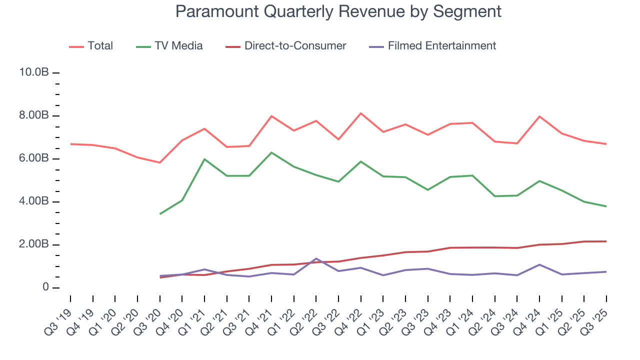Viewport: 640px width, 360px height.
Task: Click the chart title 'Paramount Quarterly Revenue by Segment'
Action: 338,11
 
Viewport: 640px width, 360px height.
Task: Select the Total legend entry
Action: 91,46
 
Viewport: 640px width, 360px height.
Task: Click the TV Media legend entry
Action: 169,46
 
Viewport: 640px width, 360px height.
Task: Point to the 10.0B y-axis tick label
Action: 33,73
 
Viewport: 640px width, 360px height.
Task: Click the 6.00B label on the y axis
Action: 33,159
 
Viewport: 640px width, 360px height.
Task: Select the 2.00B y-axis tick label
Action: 33,245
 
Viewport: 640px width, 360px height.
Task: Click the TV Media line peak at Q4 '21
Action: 271,152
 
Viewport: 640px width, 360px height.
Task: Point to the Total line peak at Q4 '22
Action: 361,113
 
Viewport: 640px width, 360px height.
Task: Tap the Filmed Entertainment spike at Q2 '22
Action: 316,258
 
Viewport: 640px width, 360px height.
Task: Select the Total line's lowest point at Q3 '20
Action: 159,162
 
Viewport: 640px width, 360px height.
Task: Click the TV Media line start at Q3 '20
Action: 159,214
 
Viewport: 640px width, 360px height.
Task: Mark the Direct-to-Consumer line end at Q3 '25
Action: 606,241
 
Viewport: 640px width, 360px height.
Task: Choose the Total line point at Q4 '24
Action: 539,116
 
